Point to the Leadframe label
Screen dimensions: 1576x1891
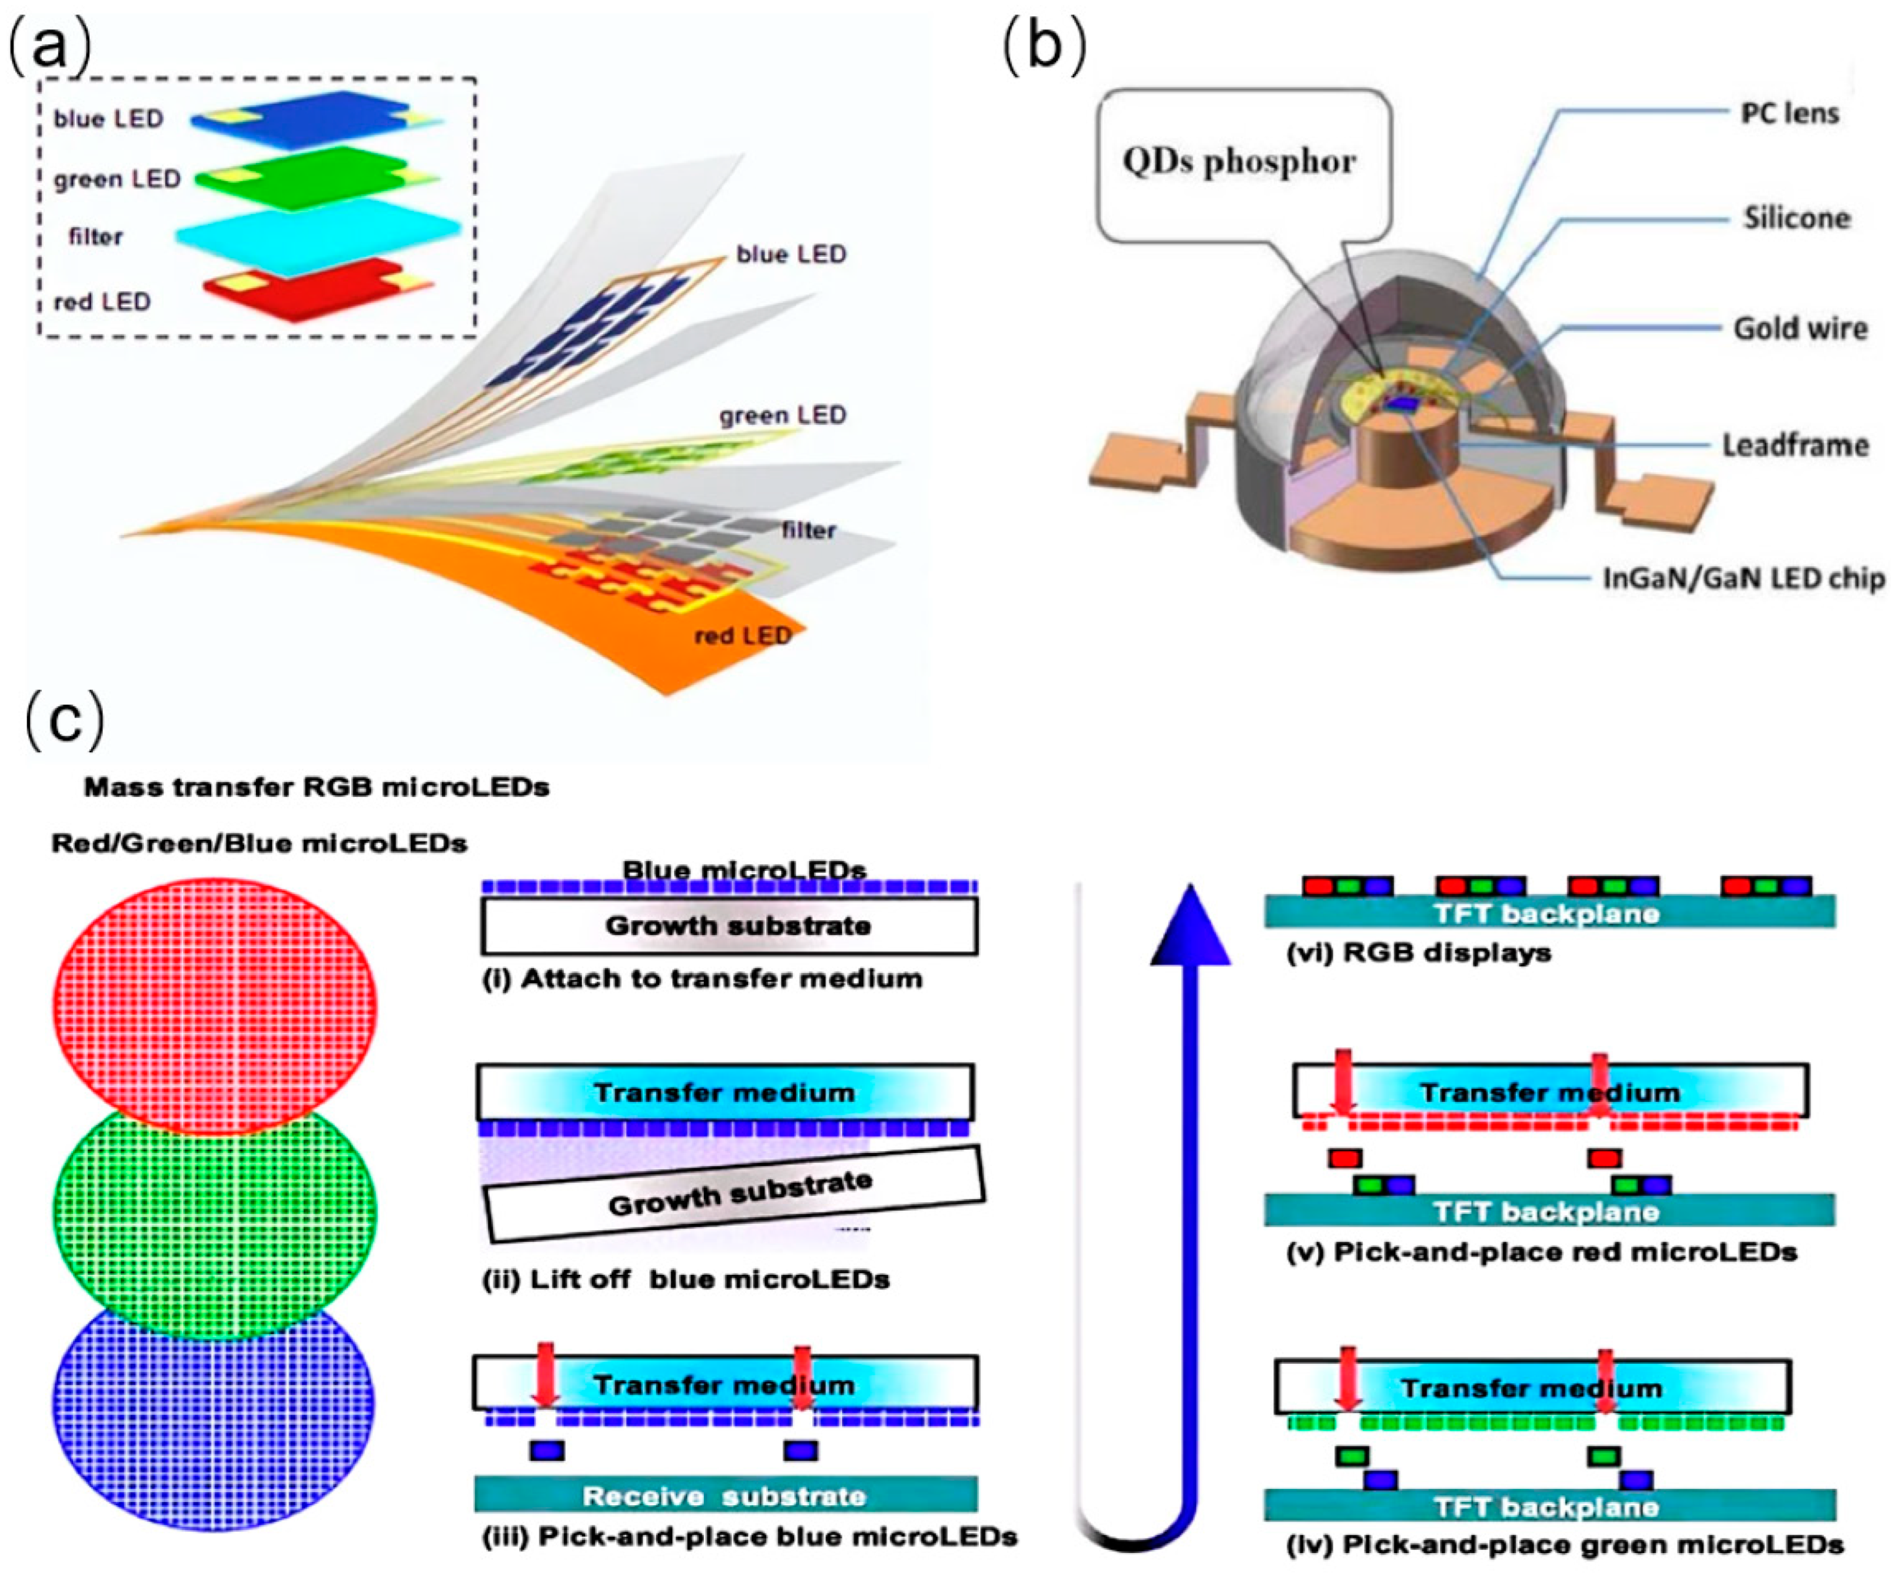pyautogui.click(x=1794, y=445)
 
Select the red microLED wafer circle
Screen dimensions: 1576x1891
pyautogui.click(x=214, y=1003)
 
